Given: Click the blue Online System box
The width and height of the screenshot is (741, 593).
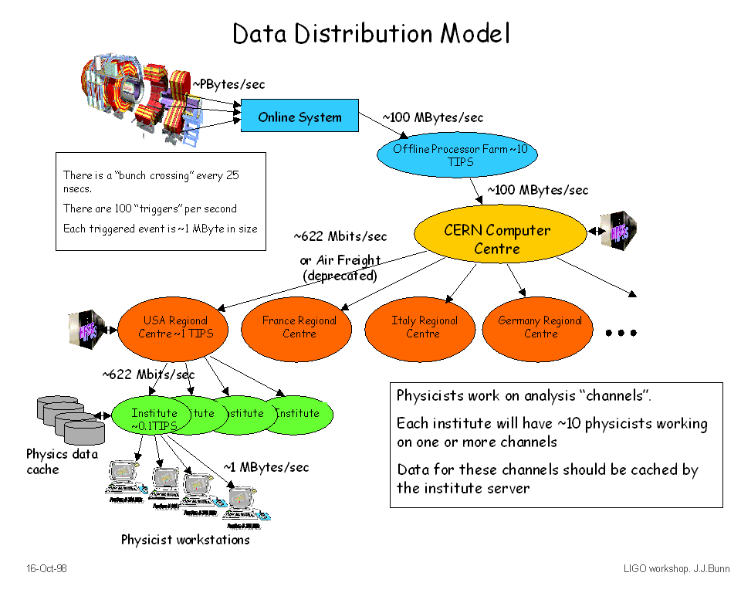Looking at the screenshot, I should [x=299, y=117].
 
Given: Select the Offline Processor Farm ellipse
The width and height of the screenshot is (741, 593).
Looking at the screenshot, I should [x=455, y=155].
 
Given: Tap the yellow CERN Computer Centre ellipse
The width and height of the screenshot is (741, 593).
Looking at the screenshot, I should [x=497, y=239].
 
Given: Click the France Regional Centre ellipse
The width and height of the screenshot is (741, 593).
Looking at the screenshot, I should [x=299, y=327].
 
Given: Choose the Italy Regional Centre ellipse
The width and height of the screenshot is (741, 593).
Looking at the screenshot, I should [x=423, y=327].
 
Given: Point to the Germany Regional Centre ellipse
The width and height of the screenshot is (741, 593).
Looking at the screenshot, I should [x=540, y=327].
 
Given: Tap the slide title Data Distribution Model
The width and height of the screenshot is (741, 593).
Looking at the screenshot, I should [x=371, y=33].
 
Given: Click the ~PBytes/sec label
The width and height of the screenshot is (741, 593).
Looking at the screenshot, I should [x=228, y=83].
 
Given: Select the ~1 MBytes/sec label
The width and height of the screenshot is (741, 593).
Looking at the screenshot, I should [x=266, y=467].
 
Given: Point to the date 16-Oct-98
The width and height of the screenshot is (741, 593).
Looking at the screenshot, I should [x=47, y=568].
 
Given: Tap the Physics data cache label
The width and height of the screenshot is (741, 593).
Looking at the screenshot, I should [x=62, y=462].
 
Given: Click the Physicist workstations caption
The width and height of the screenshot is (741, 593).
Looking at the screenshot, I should [x=185, y=540].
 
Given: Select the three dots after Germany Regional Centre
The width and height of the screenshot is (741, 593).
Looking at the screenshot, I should [x=621, y=333].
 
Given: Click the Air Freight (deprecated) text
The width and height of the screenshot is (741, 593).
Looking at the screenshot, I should [x=340, y=268].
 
